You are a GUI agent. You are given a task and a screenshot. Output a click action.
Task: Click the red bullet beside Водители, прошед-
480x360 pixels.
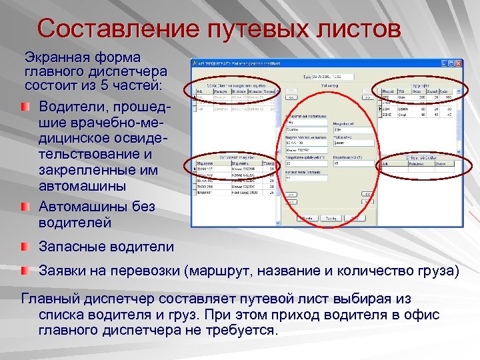(25, 107)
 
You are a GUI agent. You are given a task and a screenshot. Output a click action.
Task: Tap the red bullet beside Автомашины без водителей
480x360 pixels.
(25, 207)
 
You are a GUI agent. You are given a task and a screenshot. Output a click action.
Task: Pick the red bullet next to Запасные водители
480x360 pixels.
(25, 247)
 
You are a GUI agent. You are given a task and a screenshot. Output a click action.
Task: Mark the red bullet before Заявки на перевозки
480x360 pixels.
(25, 271)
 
